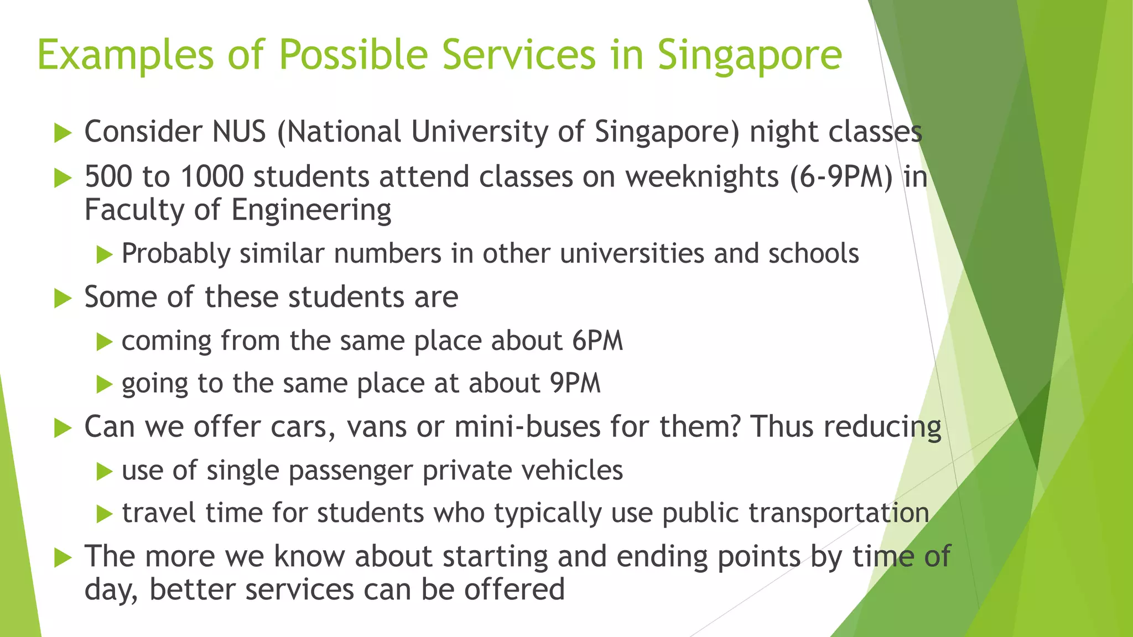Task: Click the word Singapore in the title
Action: [749, 56]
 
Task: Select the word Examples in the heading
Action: [125, 56]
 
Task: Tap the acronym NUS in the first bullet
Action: [239, 132]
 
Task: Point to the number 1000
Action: [212, 177]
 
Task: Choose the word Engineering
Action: [311, 211]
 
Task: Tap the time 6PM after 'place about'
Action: [597, 341]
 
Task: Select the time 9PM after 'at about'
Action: [575, 384]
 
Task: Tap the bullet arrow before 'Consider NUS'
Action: [63, 133]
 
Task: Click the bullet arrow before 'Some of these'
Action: [63, 299]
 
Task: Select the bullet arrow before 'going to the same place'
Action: [103, 384]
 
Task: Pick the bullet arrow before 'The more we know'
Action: [63, 558]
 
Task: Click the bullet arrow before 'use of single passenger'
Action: [103, 472]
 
